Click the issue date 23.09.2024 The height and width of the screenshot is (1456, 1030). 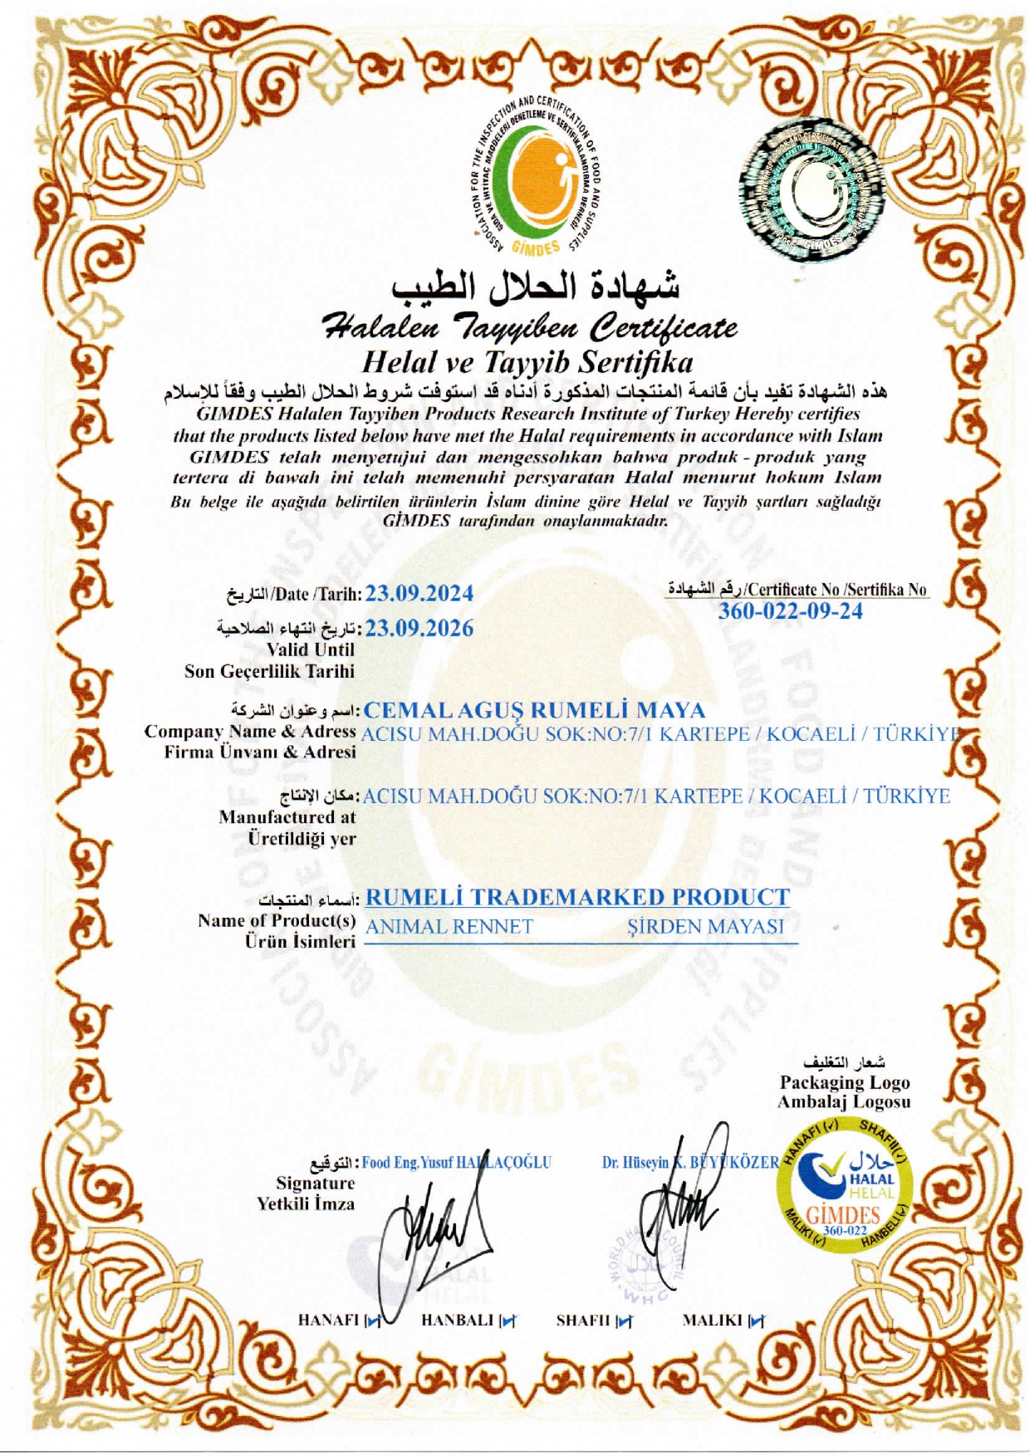pyautogui.click(x=419, y=593)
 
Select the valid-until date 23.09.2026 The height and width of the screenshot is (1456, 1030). pyautogui.click(x=419, y=628)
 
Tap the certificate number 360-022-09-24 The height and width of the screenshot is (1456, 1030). pyautogui.click(x=790, y=611)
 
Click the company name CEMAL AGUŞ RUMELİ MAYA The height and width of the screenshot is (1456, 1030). pyautogui.click(x=534, y=710)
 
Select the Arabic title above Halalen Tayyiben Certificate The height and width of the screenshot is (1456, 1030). pyautogui.click(x=536, y=287)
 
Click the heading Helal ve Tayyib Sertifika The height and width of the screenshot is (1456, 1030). pyautogui.click(x=527, y=362)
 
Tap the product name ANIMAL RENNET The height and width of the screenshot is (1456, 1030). pyautogui.click(x=449, y=926)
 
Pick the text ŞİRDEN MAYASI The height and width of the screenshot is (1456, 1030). pyautogui.click(x=705, y=926)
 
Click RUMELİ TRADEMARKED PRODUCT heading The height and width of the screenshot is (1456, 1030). pyautogui.click(x=577, y=897)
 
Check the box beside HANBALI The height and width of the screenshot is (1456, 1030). pyautogui.click(x=507, y=1321)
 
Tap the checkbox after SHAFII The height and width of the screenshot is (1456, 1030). pyautogui.click(x=624, y=1321)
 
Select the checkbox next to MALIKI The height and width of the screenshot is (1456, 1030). pyautogui.click(x=756, y=1321)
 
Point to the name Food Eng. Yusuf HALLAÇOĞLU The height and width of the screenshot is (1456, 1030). pyautogui.click(x=456, y=1162)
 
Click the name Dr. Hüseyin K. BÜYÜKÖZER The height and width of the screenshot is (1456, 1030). pyautogui.click(x=690, y=1162)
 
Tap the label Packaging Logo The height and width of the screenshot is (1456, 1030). pyautogui.click(x=844, y=1082)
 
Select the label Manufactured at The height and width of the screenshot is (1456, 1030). pyautogui.click(x=287, y=817)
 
